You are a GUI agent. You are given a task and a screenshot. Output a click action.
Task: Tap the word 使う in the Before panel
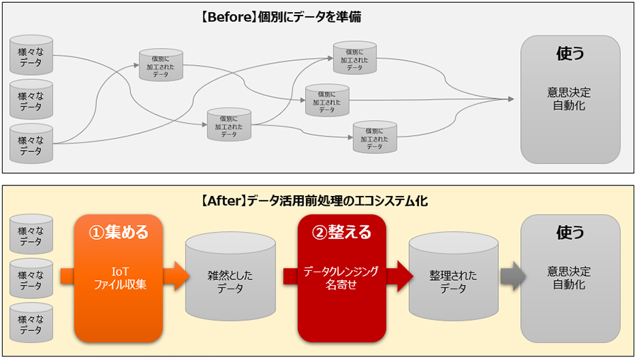click(570, 54)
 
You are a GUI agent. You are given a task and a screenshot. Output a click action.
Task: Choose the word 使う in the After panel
click(570, 232)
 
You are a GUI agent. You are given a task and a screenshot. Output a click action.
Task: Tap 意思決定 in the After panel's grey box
click(570, 271)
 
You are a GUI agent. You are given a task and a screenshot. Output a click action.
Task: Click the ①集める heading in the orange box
click(118, 232)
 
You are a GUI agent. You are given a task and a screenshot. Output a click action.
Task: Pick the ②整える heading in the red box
click(342, 232)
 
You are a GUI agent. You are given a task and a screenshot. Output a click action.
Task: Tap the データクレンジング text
click(342, 271)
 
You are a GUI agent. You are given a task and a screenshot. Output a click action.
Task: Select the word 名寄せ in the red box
click(342, 284)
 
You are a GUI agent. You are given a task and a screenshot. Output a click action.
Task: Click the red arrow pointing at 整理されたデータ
click(399, 276)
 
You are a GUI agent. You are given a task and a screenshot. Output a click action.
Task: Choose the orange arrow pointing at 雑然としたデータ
click(176, 276)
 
